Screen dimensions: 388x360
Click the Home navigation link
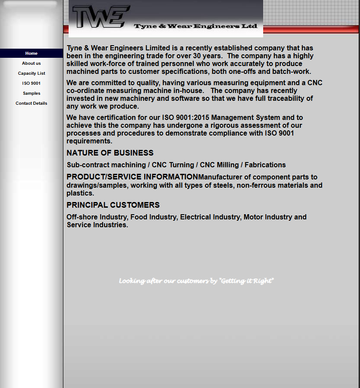[31, 53]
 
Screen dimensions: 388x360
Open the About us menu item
[31, 63]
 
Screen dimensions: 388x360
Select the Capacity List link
[31, 73]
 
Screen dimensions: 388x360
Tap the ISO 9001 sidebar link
[31, 83]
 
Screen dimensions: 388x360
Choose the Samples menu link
[31, 93]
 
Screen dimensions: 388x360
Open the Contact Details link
[31, 103]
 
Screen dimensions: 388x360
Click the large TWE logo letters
[101, 17]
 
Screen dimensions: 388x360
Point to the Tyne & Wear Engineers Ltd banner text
[195, 27]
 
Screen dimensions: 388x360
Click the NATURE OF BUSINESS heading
[110, 153]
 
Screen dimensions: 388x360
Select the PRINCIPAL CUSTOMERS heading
[113, 205]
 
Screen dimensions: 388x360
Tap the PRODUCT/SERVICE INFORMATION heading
[132, 177]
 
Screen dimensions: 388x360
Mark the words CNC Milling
[219, 165]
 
